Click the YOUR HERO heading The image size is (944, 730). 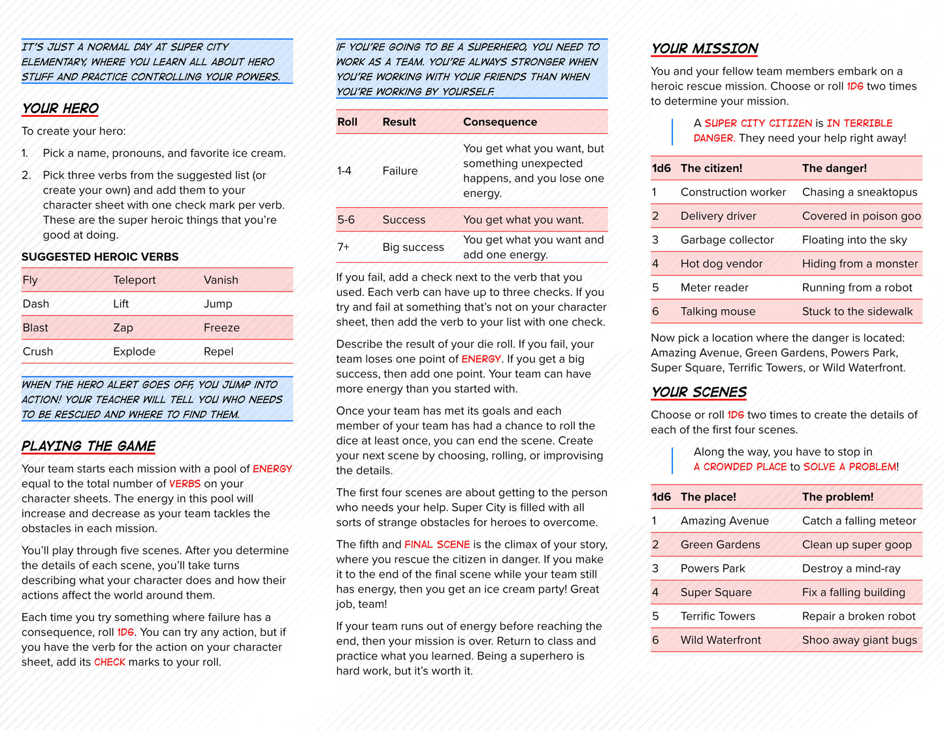tap(60, 108)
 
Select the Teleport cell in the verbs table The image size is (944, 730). tap(135, 280)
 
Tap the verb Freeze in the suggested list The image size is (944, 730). tap(221, 327)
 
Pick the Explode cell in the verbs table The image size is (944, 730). tap(135, 352)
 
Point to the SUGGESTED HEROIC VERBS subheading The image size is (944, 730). tap(100, 257)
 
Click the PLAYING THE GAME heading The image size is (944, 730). tap(88, 446)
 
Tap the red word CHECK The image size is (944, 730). tap(109, 662)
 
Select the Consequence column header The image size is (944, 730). tap(500, 122)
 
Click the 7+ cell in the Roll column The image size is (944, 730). tap(344, 247)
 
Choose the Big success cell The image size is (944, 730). tap(413, 247)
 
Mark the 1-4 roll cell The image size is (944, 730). tap(344, 171)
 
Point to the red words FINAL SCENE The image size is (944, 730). tap(437, 544)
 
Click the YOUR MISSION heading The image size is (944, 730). tap(704, 49)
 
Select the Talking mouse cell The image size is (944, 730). tap(718, 312)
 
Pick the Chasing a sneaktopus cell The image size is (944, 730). tap(860, 192)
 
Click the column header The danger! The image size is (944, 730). tap(834, 168)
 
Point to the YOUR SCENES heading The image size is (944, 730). tap(698, 392)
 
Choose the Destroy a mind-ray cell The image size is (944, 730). tap(851, 569)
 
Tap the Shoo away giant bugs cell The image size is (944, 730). tap(860, 640)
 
